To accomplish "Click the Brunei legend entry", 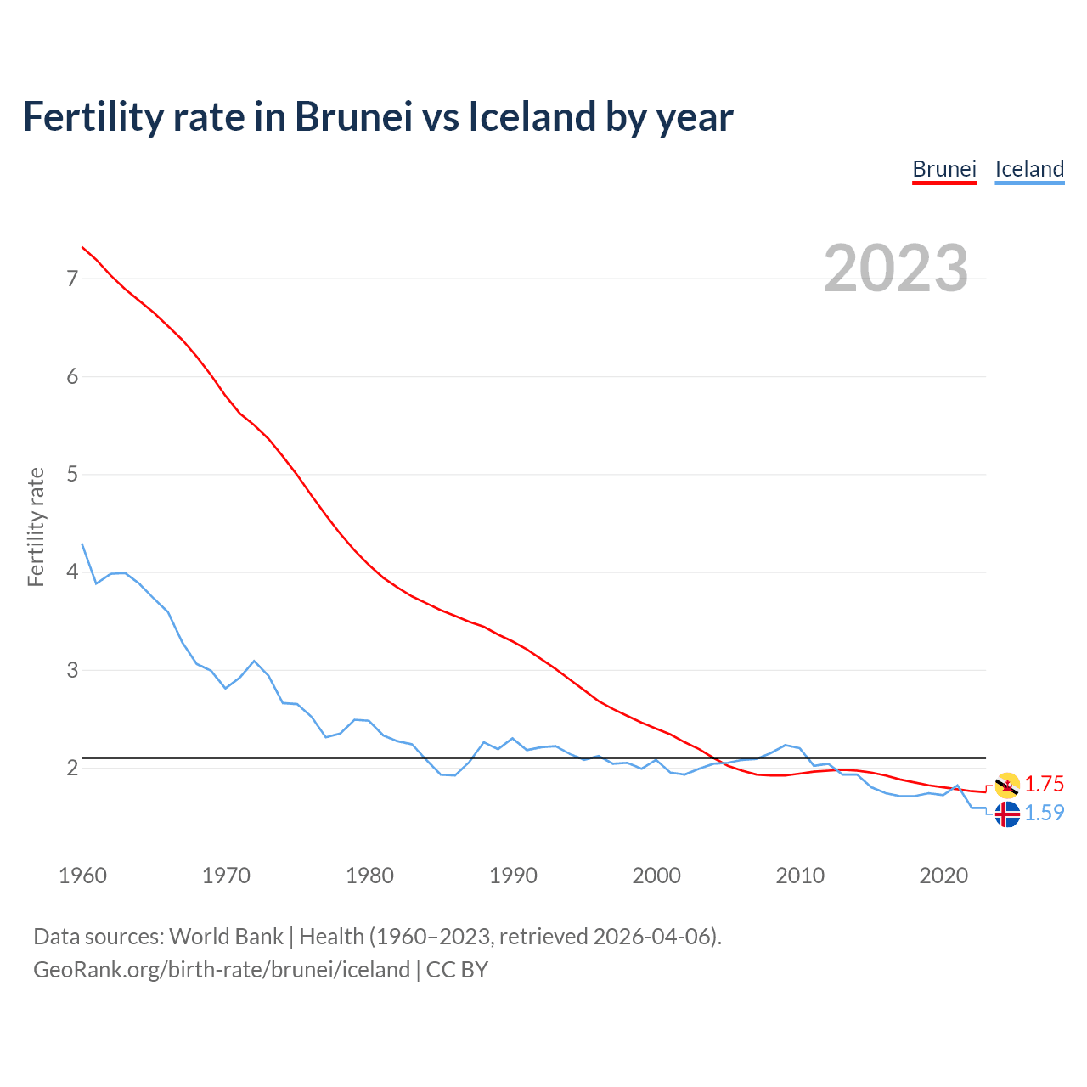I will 944,169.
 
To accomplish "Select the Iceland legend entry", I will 1029,169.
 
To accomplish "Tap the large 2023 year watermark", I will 896,268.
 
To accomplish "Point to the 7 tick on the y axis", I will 72,279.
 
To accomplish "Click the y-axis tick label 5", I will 72,474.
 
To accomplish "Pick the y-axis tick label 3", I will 72,670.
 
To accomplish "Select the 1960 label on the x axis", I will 82,876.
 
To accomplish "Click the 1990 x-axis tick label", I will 513,876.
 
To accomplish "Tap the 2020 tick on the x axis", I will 943,876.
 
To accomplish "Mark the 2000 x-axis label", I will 656,876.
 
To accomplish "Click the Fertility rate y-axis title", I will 36,527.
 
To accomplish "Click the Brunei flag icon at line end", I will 1007,786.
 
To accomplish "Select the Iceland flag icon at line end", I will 1007,814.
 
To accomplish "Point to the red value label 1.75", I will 1044,785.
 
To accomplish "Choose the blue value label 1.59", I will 1044,814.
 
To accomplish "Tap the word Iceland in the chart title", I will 532,117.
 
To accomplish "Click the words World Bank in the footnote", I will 226,937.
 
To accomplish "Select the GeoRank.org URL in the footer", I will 221,970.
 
